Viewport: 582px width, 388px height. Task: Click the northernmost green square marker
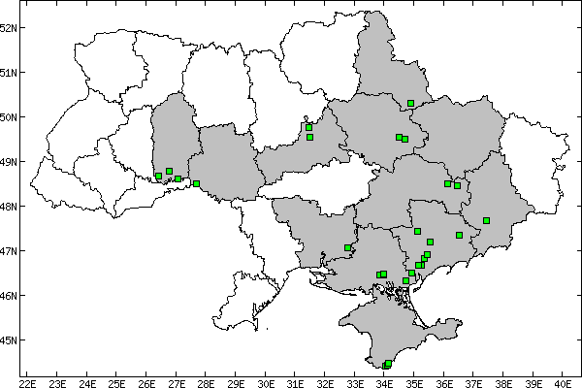(x=411, y=103)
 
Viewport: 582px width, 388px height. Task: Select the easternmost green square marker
(x=487, y=220)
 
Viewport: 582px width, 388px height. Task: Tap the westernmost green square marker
(x=158, y=177)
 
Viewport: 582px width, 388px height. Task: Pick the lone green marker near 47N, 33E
(x=347, y=248)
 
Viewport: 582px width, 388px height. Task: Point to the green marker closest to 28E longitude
(x=196, y=183)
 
